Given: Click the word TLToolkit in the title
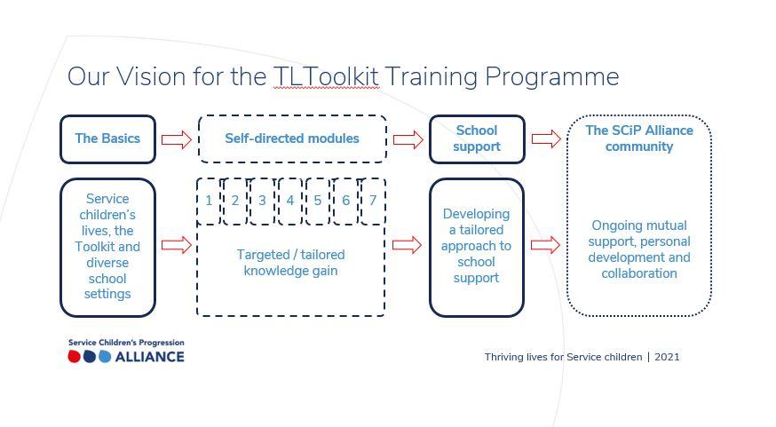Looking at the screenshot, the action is pos(326,76).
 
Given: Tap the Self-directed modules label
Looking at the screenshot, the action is pos(292,138).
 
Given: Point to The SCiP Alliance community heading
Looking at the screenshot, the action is pos(639,138).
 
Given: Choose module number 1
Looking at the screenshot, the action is pos(209,201).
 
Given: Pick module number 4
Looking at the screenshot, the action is pos(290,201).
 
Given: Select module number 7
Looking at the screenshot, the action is pos(373,201).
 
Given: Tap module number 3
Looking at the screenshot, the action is pos(262,201).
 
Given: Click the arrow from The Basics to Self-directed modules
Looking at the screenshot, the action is pos(176,139).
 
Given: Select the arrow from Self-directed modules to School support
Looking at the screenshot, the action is pos(408,139).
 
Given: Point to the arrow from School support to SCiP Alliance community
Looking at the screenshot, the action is pos(546,139).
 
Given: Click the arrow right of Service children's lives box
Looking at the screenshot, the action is pos(176,245).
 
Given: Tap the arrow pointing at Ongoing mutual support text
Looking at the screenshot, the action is pos(545,245).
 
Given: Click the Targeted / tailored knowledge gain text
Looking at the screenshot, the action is pos(291,262).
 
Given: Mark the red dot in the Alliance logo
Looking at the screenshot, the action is pos(75,357).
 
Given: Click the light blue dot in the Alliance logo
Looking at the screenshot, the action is pos(105,357).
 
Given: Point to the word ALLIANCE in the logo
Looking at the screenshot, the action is pos(149,357).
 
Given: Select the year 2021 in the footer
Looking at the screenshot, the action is pos(667,357).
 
